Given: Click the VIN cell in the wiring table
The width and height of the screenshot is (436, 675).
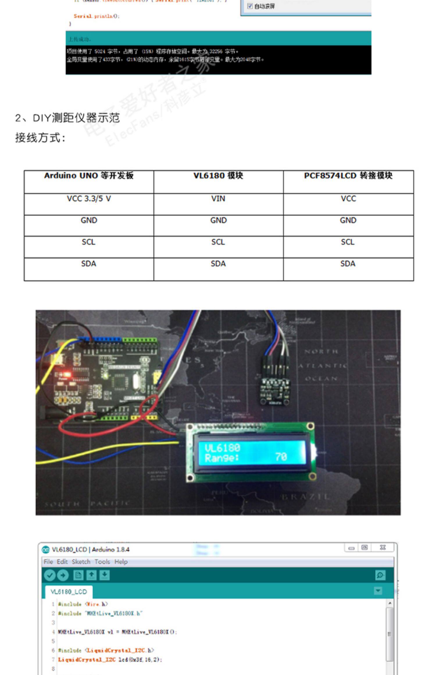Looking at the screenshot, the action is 218,199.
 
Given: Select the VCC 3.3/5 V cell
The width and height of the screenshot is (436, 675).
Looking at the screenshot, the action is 89,199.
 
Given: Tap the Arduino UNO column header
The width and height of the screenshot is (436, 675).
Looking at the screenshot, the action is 89,176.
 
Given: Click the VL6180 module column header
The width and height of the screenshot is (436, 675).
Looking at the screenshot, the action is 218,176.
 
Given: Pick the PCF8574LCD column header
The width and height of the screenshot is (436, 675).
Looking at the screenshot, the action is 348,176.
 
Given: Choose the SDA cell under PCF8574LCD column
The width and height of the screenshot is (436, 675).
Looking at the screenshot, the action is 348,264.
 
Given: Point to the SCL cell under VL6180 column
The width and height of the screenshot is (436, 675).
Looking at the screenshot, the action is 218,242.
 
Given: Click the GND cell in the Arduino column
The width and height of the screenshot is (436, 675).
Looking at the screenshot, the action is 89,220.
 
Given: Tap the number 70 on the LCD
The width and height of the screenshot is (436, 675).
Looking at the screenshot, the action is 281,457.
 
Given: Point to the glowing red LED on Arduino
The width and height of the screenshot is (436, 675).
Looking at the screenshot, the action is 67,374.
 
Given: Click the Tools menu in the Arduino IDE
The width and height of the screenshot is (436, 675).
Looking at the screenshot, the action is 102,562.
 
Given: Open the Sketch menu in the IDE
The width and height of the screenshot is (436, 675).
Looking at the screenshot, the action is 81,562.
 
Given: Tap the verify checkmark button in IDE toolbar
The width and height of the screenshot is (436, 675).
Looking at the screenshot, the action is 50,575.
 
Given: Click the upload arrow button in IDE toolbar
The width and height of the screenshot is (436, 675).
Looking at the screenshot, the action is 63,575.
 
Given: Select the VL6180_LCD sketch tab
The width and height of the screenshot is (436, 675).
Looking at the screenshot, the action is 69,592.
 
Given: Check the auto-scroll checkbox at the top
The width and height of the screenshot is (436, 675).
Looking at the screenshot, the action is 250,6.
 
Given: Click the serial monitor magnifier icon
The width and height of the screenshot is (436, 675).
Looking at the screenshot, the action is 380,575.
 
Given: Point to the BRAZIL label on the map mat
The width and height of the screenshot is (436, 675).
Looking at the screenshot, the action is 305,497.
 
